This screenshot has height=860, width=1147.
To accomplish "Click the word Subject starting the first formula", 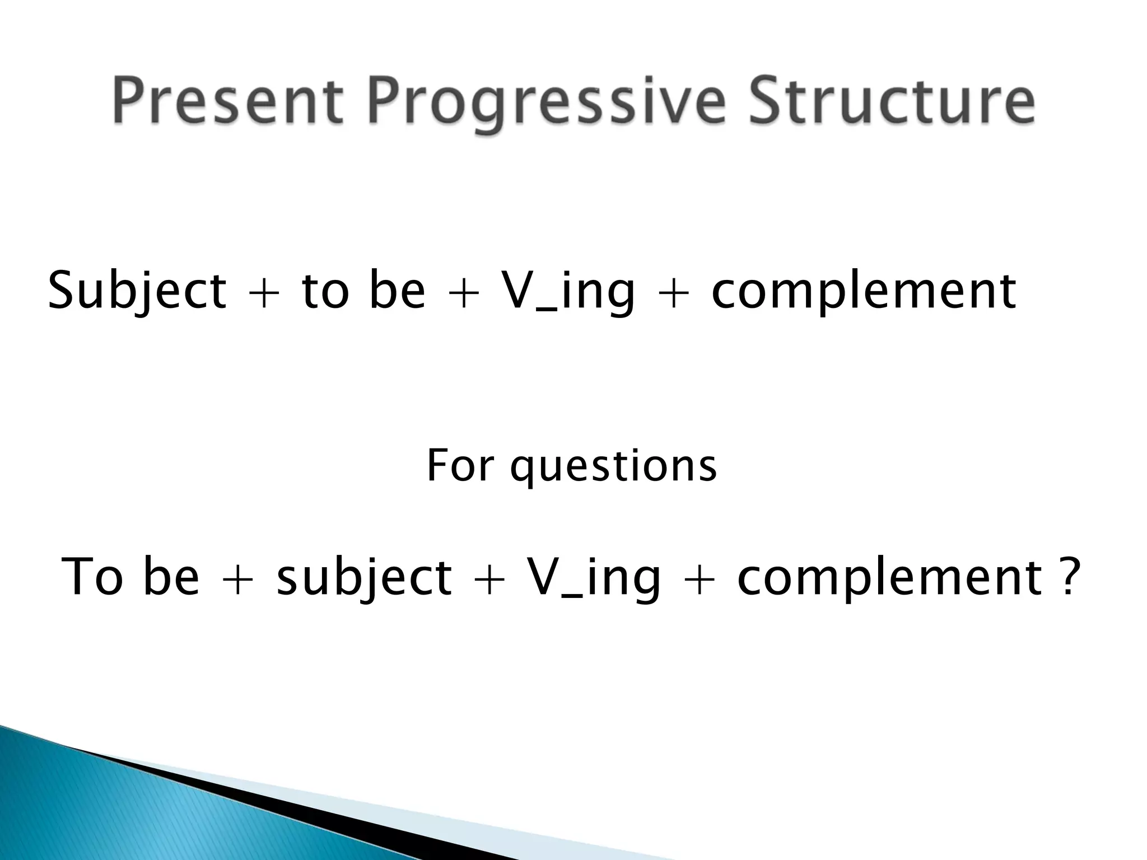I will [x=137, y=291].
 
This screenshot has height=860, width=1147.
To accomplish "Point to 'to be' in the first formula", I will [x=363, y=291].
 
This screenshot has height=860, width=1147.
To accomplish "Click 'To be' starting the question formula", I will [x=130, y=577].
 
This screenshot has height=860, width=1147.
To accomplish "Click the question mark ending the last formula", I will [x=1065, y=577].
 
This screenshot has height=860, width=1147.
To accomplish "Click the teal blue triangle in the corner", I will [x=112, y=812].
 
